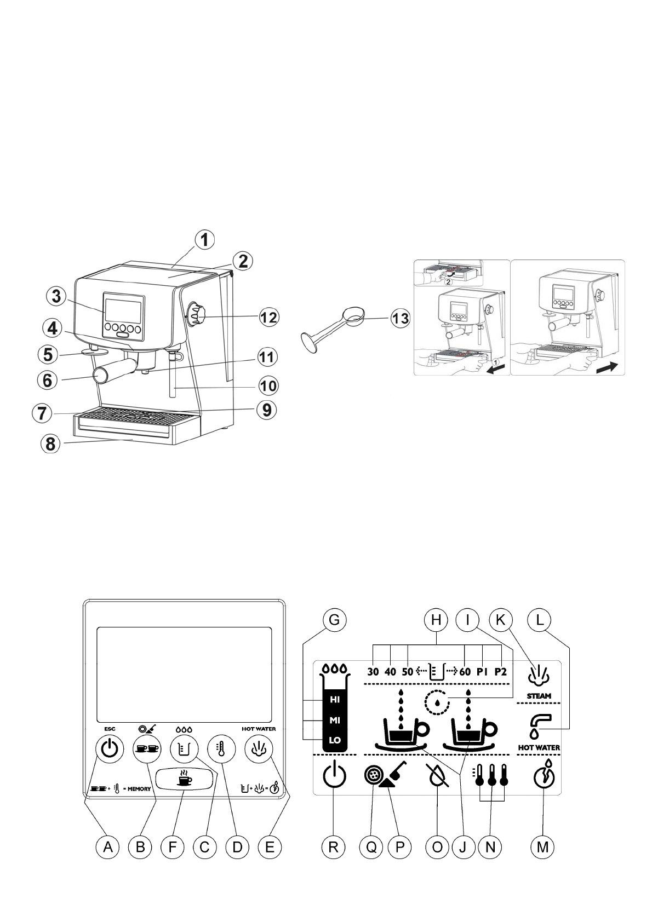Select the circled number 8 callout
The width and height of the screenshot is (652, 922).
pyautogui.click(x=50, y=443)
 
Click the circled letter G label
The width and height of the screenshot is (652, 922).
pyautogui.click(x=334, y=620)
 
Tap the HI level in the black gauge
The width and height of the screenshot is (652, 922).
pyautogui.click(x=335, y=700)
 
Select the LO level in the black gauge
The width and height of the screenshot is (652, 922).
pyautogui.click(x=335, y=740)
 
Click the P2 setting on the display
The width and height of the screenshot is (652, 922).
pyautogui.click(x=500, y=672)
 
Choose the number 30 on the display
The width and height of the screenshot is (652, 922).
pyautogui.click(x=373, y=672)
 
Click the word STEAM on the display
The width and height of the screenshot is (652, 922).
pyautogui.click(x=539, y=696)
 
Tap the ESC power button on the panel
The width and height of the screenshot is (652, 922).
pyautogui.click(x=110, y=748)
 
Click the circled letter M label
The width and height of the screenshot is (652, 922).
pyautogui.click(x=542, y=846)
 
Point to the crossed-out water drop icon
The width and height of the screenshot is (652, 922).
pyautogui.click(x=437, y=776)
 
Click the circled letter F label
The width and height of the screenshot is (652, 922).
pyautogui.click(x=173, y=846)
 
